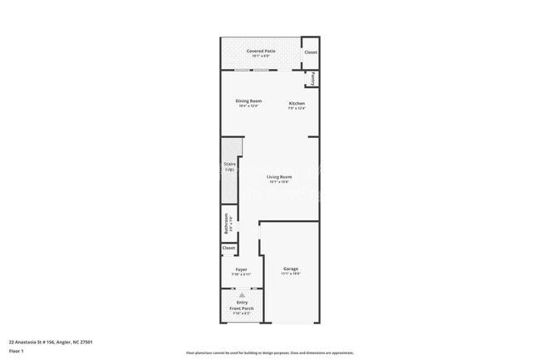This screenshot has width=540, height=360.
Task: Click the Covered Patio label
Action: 261,51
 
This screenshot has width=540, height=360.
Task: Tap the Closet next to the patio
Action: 310,52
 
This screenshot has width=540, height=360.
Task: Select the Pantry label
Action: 315,79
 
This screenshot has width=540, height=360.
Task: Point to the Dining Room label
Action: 249,101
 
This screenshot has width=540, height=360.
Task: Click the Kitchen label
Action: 297,104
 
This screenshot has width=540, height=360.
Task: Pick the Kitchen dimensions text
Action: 297,109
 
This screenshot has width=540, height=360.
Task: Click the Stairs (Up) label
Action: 230,166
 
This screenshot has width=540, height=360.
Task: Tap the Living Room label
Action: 279,176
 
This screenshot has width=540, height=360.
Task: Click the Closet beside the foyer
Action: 228,248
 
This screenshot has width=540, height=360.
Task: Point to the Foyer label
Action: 241,269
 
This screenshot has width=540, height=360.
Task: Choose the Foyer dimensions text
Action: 241,274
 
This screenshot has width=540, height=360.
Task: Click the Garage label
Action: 291,269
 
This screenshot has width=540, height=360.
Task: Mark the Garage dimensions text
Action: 291,274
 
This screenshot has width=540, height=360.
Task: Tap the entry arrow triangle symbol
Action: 242,294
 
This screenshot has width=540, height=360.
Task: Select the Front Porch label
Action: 242,308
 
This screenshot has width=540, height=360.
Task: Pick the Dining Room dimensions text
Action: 249,106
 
